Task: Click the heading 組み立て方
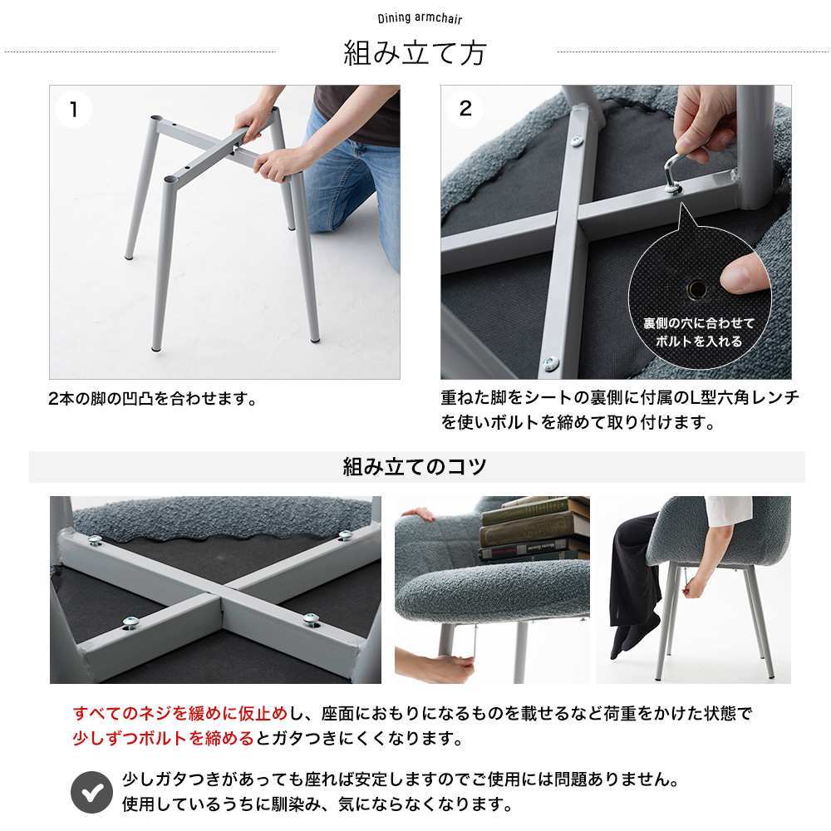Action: [x=415, y=53]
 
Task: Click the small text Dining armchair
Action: [x=420, y=18]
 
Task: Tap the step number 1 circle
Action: [x=74, y=110]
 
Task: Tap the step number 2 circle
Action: [x=465, y=109]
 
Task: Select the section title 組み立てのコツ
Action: [x=415, y=466]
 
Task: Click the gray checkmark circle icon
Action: [x=91, y=792]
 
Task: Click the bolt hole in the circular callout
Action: [x=696, y=289]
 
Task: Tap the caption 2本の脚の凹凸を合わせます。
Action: [x=153, y=399]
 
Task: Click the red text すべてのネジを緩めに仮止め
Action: [x=179, y=713]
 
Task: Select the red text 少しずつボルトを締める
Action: [x=163, y=738]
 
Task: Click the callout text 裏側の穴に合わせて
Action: [x=699, y=322]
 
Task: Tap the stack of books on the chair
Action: [x=534, y=529]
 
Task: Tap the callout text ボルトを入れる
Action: [x=699, y=342]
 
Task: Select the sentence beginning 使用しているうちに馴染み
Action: [x=317, y=804]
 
